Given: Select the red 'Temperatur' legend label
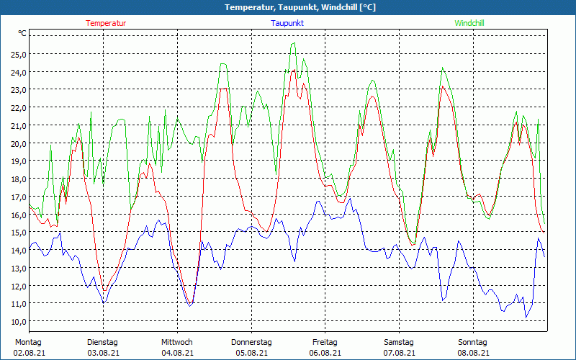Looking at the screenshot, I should point(106,23).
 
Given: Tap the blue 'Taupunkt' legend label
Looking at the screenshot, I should point(287,23).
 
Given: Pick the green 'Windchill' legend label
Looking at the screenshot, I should point(469,23).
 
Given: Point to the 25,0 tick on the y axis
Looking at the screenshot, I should point(19,55).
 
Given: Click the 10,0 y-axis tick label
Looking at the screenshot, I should point(19,321).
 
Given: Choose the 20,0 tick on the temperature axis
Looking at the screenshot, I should point(19,143).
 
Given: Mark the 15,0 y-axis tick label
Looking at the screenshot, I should point(19,233).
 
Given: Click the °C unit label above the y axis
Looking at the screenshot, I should point(22,33).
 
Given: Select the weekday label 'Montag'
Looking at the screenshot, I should point(27,342).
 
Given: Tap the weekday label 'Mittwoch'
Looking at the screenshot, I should point(177,342).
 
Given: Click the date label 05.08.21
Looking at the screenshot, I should point(251,353).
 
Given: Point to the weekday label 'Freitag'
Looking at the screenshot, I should point(325,342).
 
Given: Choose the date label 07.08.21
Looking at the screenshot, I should point(399,353).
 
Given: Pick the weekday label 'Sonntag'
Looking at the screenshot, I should point(473,342).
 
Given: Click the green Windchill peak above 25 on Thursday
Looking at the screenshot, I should point(293,44).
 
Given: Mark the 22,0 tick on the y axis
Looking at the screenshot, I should point(19,108).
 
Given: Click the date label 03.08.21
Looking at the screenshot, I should point(103,353).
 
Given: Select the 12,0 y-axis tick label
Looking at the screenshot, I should point(19,286).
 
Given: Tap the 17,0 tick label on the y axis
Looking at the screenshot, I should point(19,197).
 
